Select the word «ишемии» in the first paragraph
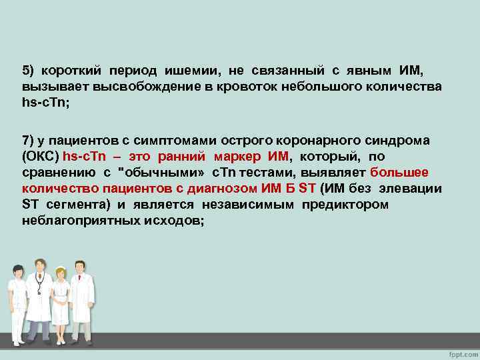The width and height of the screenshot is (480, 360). click(x=194, y=70)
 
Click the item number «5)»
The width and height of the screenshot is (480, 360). click(x=29, y=70)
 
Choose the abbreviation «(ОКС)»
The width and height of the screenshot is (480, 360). click(x=40, y=156)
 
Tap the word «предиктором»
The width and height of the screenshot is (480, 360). click(x=345, y=205)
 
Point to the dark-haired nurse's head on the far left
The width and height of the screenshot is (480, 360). click(x=18, y=271)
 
